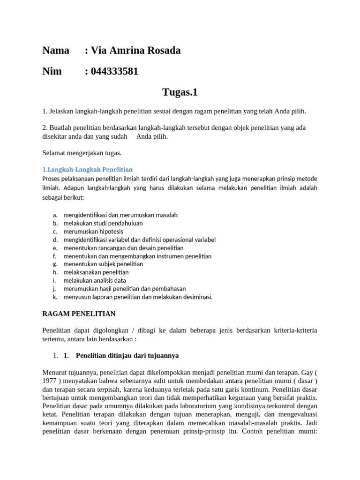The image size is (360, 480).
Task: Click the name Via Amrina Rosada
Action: [x=135, y=51]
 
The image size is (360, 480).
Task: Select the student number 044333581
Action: [x=114, y=71]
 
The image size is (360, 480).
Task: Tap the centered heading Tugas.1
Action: [x=180, y=92]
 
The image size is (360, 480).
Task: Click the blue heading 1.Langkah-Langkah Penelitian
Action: [x=88, y=169]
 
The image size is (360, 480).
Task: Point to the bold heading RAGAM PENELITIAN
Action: [x=79, y=313]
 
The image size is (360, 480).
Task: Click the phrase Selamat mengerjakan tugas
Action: [x=82, y=153]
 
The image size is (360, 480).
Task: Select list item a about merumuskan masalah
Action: [x=120, y=215]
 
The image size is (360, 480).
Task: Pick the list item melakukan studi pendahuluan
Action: [x=103, y=223]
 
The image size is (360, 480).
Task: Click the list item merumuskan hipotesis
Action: [x=93, y=231]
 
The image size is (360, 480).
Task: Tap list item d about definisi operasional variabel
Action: [x=139, y=240]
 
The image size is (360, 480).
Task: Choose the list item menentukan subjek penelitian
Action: [x=103, y=264]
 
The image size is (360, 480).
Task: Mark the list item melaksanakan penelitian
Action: [x=96, y=272]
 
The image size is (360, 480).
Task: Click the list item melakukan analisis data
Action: [x=95, y=280]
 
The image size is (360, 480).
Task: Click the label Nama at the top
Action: [x=56, y=51]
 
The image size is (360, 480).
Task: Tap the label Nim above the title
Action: [x=52, y=71]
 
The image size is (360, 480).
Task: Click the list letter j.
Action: [x=54, y=289]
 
